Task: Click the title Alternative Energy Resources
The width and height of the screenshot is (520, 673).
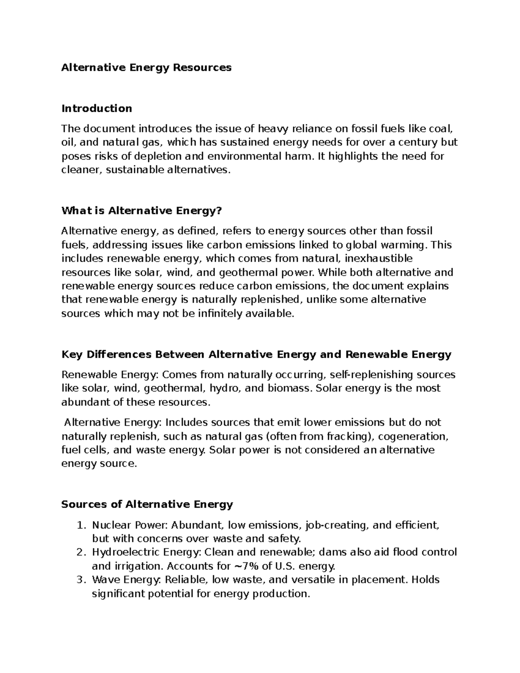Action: click(x=146, y=68)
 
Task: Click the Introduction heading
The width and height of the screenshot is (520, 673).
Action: click(x=97, y=108)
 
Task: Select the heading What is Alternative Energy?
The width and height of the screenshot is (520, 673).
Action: click(x=141, y=211)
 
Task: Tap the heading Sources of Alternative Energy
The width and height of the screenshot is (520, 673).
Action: click(x=147, y=504)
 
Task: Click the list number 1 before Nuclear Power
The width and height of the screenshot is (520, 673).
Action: click(x=78, y=525)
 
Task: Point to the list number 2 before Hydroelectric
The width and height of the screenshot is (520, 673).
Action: click(x=78, y=553)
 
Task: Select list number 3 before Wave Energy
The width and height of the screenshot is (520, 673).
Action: click(x=78, y=580)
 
